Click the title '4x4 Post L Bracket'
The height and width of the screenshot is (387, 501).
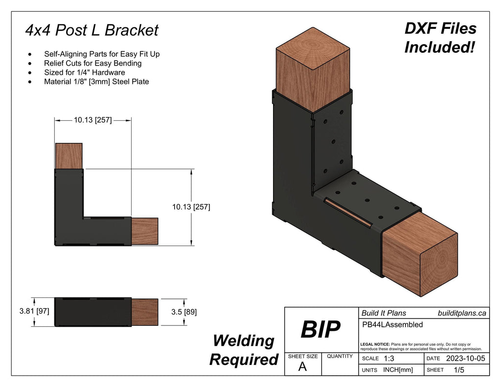pyautogui.click(x=92, y=30)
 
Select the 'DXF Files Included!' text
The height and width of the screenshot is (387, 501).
pyautogui.click(x=440, y=38)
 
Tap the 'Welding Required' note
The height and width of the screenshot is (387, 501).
pyautogui.click(x=244, y=350)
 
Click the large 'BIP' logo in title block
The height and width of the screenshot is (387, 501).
pyautogui.click(x=320, y=331)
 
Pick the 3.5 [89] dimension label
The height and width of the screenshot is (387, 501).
pyautogui.click(x=184, y=311)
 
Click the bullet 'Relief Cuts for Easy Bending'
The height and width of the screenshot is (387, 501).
pyautogui.click(x=92, y=63)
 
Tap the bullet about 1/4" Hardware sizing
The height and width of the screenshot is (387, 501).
pyautogui.click(x=84, y=72)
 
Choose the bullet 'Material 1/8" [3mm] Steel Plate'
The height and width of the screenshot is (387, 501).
pyautogui.click(x=96, y=82)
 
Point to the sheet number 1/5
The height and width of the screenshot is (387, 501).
pyautogui.click(x=459, y=370)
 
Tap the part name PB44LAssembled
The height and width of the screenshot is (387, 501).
pyautogui.click(x=392, y=324)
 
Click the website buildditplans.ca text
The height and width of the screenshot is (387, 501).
pyautogui.click(x=461, y=313)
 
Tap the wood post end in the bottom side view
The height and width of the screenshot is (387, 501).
pyautogui.click(x=145, y=312)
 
